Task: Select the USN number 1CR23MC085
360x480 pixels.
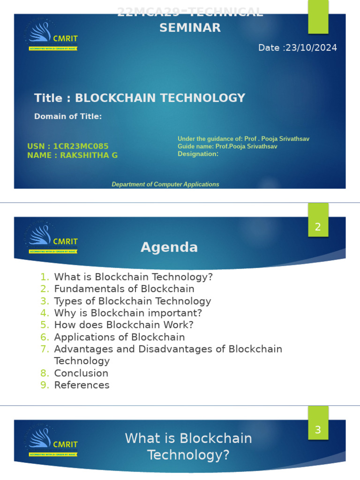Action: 81,147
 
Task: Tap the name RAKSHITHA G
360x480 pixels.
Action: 89,156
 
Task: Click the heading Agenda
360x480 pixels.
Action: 169,247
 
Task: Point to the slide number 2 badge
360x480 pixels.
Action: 318,227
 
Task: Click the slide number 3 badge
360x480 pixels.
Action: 318,430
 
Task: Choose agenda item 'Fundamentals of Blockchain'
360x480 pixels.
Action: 124,289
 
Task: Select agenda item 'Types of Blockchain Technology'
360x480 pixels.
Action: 133,301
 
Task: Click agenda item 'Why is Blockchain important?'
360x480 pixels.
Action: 128,313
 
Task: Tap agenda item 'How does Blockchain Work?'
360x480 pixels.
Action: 124,325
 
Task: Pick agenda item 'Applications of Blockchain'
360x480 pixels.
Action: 120,337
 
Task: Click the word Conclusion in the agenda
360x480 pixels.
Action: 81,373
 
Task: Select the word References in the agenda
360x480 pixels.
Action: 82,385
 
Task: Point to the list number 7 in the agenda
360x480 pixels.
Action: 45,349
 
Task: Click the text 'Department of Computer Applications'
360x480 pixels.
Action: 165,184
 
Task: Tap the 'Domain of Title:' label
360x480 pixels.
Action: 68,116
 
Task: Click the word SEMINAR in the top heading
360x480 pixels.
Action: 190,28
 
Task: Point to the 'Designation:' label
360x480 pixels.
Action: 198,154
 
